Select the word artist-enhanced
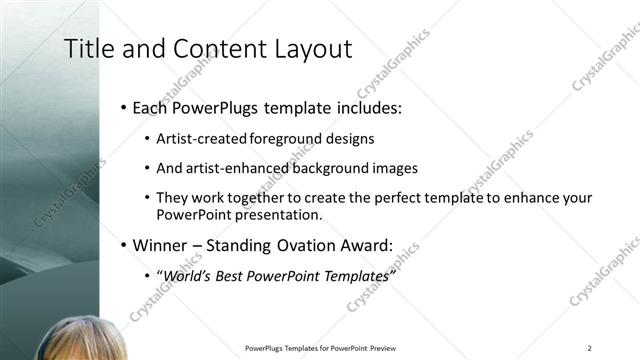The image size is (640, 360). tap(227, 169)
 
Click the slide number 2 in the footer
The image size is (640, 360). tap(590, 348)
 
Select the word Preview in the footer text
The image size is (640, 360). tap(388, 348)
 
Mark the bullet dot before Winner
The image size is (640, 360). tap(123, 245)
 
